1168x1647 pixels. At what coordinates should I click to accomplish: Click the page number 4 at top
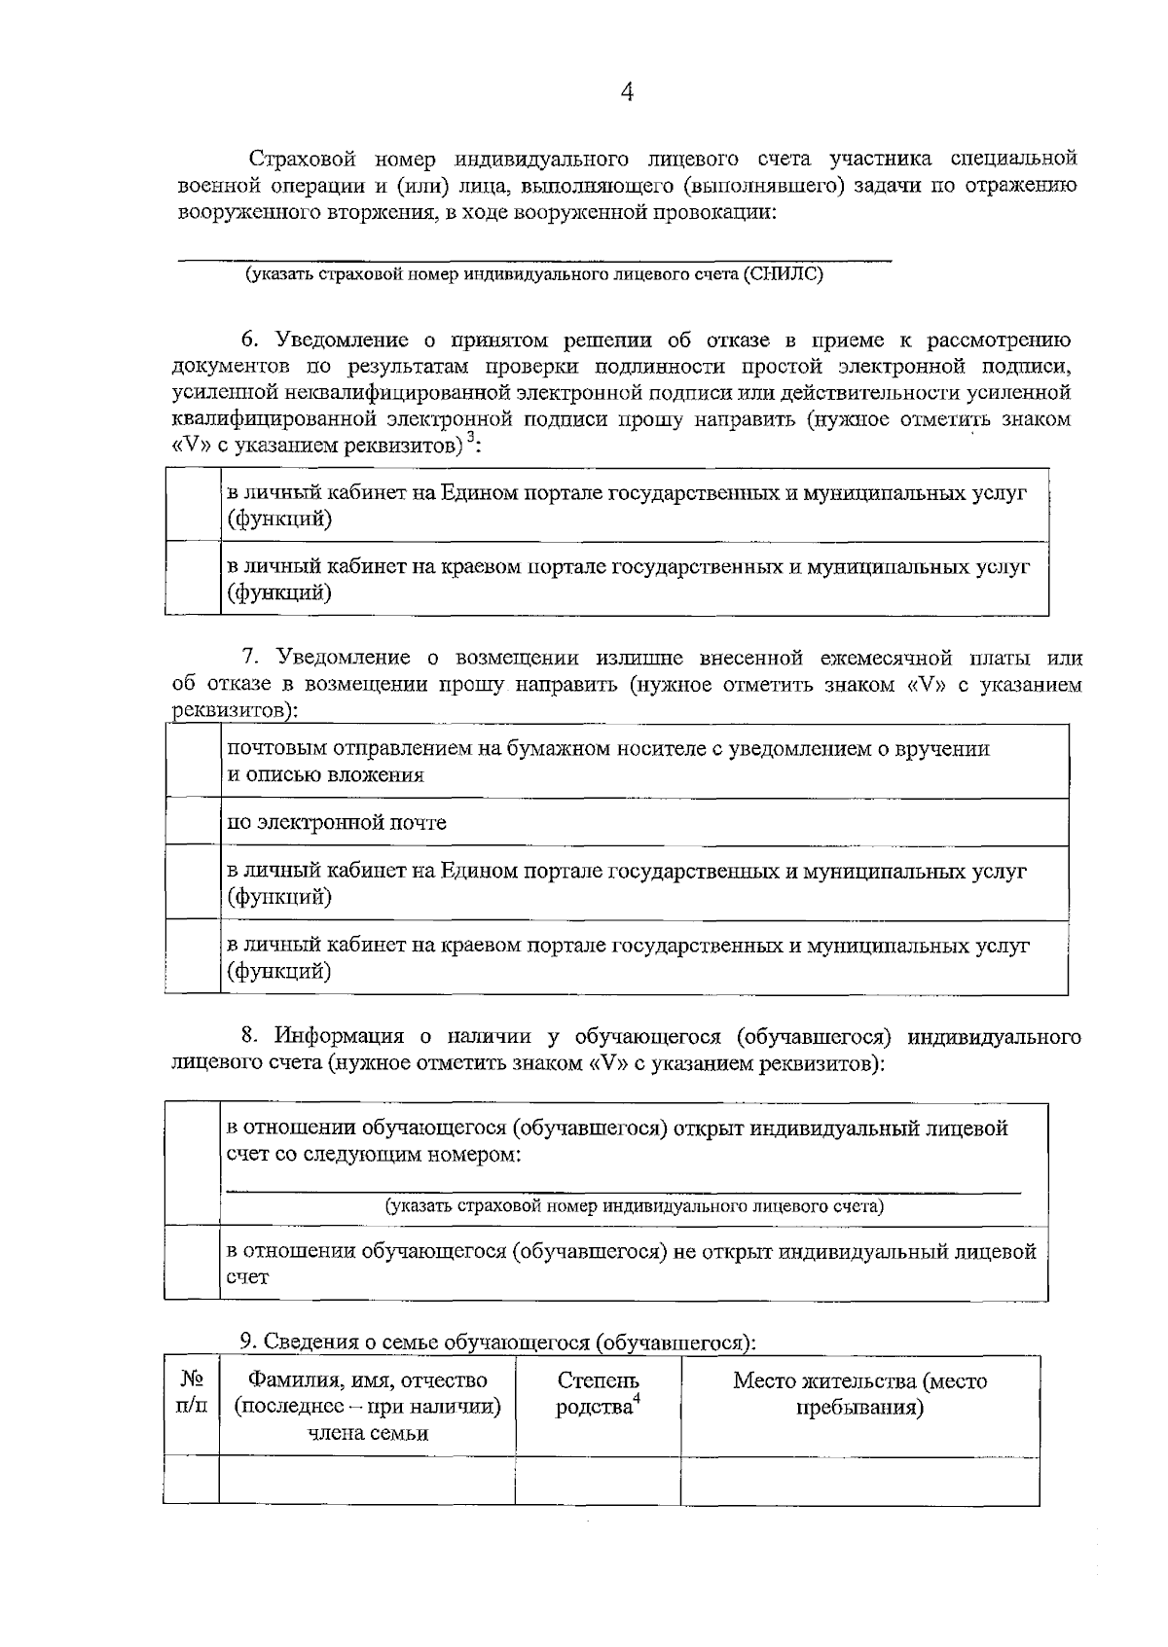[x=627, y=92]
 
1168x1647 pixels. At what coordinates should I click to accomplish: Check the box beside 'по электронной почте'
[x=193, y=823]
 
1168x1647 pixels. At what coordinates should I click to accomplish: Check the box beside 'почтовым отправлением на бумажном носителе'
[x=193, y=762]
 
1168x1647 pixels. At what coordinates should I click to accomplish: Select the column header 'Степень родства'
[x=598, y=1393]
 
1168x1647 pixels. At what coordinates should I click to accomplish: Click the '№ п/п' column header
[x=192, y=1393]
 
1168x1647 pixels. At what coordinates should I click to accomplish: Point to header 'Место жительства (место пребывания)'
[x=859, y=1393]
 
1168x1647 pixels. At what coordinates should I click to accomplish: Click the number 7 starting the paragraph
[x=249, y=659]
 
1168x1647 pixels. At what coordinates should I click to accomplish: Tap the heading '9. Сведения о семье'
[x=497, y=1342]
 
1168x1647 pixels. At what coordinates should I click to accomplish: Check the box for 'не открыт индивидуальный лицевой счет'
[x=193, y=1263]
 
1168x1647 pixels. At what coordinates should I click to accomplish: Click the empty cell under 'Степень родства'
[x=598, y=1480]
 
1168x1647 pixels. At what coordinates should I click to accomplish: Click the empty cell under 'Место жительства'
[x=859, y=1480]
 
